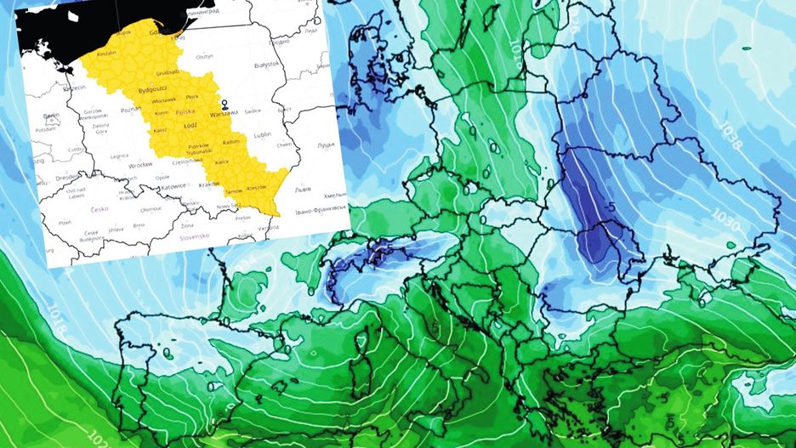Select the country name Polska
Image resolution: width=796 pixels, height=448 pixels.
click(x=184, y=111)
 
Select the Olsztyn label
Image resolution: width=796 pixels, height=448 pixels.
click(x=204, y=56)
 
